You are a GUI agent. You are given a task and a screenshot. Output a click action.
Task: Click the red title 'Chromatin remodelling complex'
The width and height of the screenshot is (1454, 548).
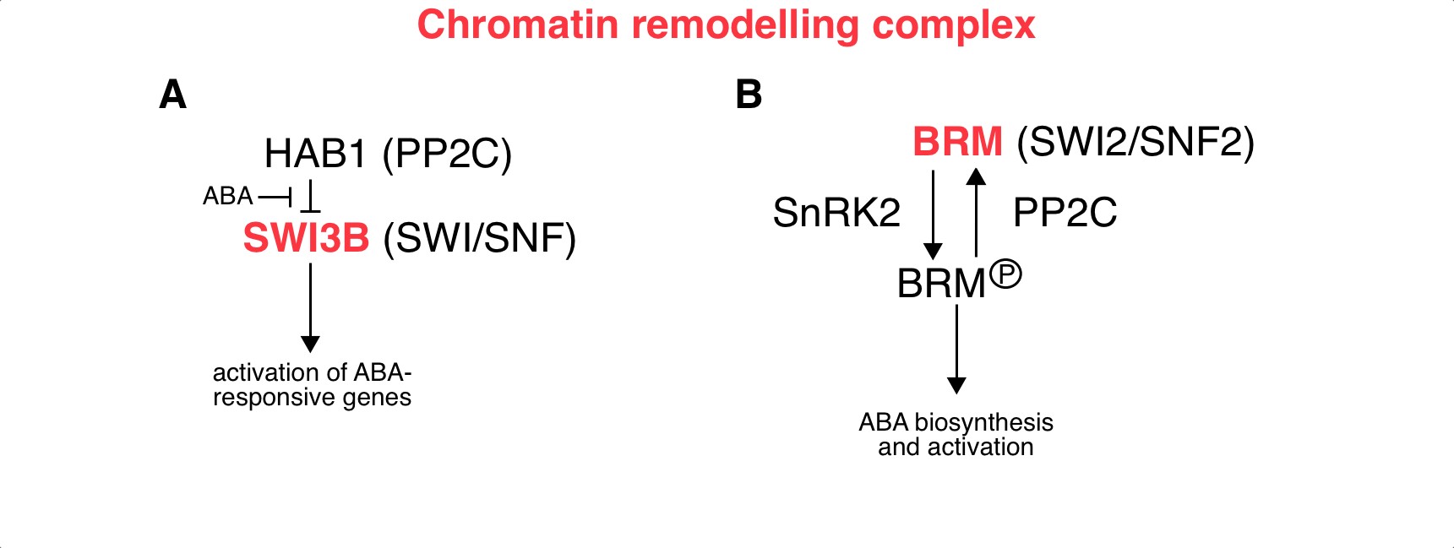click(x=726, y=25)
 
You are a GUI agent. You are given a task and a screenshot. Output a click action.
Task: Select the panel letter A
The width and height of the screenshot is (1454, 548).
click(x=172, y=95)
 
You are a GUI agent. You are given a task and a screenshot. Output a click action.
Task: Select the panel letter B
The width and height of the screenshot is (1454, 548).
click(x=749, y=95)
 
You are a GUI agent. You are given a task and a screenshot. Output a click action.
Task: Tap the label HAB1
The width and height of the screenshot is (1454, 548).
click(x=316, y=154)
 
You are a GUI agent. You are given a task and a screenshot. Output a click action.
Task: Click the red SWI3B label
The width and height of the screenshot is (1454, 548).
click(x=306, y=238)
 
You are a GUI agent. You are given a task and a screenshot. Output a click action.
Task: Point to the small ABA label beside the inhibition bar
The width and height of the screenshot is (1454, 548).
click(x=227, y=197)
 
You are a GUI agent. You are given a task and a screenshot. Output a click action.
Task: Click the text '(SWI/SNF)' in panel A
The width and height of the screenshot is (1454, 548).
click(x=479, y=238)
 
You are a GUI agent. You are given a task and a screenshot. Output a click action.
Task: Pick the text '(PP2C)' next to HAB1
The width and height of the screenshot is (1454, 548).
click(x=447, y=154)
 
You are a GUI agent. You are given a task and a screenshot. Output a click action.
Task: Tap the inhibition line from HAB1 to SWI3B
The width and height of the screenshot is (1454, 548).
click(x=311, y=196)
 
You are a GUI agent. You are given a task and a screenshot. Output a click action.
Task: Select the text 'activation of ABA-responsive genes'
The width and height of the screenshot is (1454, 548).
click(x=312, y=385)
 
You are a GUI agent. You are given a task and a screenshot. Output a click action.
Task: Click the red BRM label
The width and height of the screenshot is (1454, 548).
click(x=957, y=142)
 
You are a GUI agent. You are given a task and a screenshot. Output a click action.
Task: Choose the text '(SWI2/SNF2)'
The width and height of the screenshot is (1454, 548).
click(x=1135, y=142)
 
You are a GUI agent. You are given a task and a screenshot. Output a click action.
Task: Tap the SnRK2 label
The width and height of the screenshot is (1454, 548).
click(x=836, y=213)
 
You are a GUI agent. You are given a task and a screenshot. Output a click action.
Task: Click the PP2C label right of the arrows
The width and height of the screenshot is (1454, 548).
click(x=1065, y=213)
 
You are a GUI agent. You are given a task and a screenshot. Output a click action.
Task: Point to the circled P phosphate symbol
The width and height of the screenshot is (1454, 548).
click(x=1005, y=275)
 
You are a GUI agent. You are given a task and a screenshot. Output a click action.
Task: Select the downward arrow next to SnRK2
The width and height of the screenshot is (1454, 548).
click(x=933, y=214)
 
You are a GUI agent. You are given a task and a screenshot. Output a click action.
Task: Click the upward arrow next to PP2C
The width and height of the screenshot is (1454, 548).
click(x=977, y=213)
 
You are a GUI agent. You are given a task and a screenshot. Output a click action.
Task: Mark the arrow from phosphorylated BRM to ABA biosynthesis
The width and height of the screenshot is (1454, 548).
click(x=956, y=348)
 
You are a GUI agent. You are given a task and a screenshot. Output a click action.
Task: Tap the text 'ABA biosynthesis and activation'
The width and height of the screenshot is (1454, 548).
click(x=956, y=434)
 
